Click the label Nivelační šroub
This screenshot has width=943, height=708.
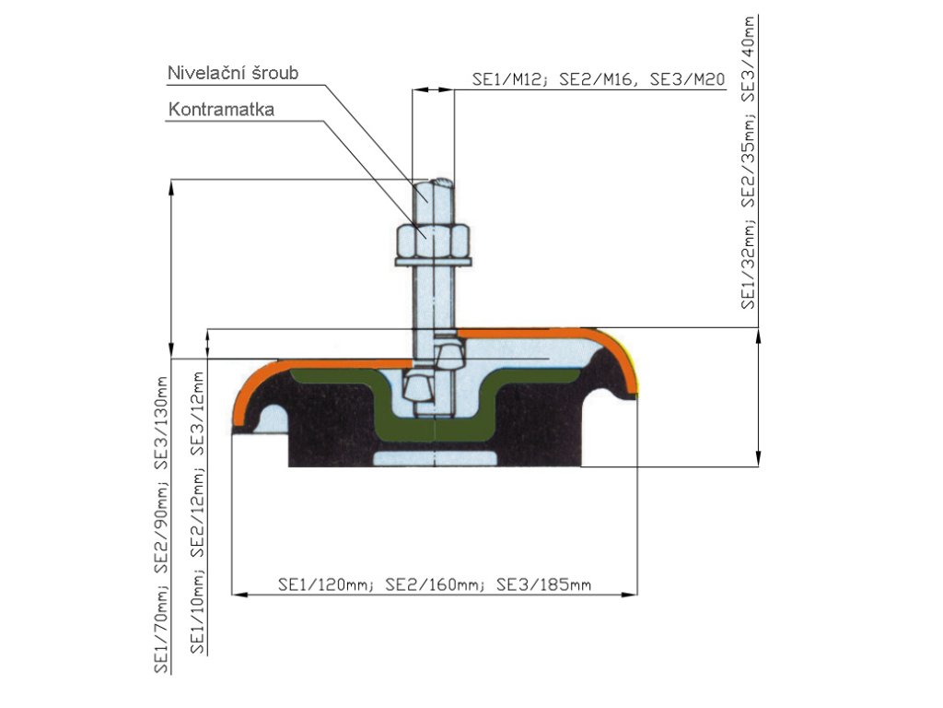[233, 73]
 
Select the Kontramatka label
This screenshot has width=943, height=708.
[221, 110]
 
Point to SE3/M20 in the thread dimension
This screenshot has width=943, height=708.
[689, 80]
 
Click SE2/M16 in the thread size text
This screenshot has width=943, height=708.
[598, 80]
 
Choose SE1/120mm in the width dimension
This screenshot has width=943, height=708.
[324, 584]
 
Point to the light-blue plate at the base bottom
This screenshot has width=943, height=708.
[435, 458]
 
